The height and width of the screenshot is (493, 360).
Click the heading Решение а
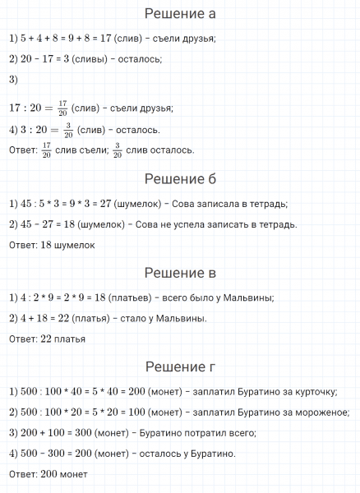(179, 14)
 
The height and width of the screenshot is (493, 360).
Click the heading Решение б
(179, 179)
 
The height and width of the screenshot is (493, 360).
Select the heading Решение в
(179, 273)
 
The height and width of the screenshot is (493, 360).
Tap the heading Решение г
(179, 366)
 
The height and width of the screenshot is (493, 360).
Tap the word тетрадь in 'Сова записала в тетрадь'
(268, 204)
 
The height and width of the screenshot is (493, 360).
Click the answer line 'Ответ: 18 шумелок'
(52, 245)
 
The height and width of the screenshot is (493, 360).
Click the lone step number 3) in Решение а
(12, 80)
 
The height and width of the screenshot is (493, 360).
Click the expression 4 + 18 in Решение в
(34, 318)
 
